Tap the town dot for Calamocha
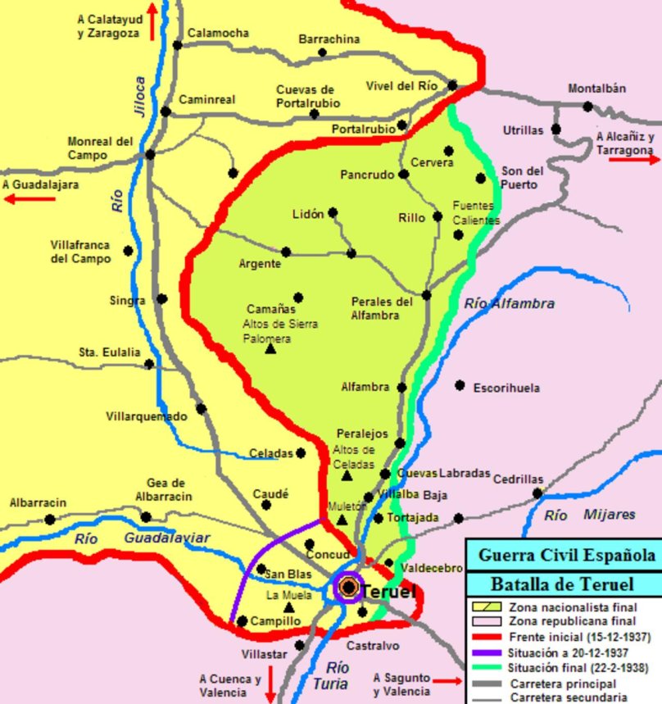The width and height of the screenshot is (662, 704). pyautogui.click(x=176, y=45)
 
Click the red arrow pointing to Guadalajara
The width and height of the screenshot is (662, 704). pyautogui.click(x=34, y=198)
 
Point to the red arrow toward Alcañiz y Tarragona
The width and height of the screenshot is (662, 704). pyautogui.click(x=634, y=159)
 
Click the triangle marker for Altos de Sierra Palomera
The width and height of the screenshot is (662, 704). pyautogui.click(x=271, y=349)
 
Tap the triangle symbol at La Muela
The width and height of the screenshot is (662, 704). pyautogui.click(x=288, y=607)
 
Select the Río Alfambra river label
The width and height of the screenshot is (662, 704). pyautogui.click(x=509, y=304)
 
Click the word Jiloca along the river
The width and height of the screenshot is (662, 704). pyautogui.click(x=139, y=95)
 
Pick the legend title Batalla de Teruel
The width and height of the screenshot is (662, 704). pyautogui.click(x=563, y=584)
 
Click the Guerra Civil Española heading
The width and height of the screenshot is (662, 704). pyautogui.click(x=563, y=555)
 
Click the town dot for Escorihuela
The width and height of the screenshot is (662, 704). pyautogui.click(x=460, y=385)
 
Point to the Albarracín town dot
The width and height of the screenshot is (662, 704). pyautogui.click(x=50, y=519)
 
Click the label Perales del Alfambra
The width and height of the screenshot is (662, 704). pyautogui.click(x=382, y=308)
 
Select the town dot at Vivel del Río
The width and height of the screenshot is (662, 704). pyautogui.click(x=452, y=85)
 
